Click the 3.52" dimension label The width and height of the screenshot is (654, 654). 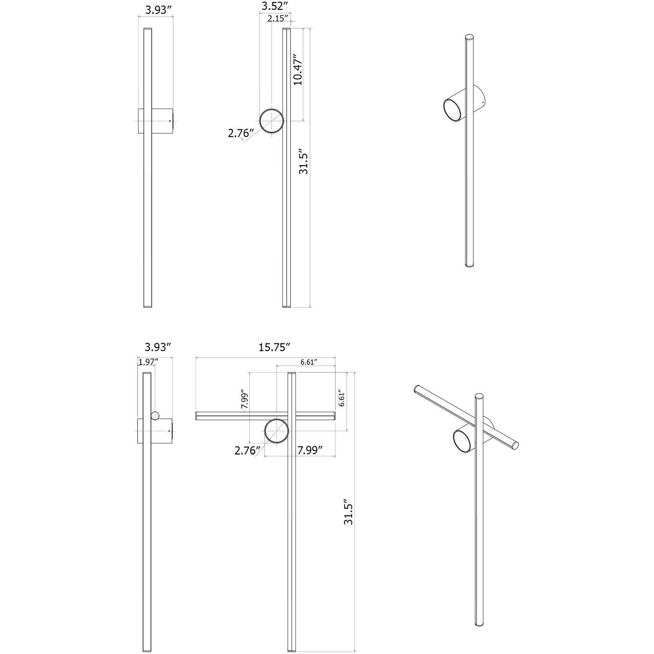coord(275,6)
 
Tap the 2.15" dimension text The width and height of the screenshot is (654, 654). coord(278,19)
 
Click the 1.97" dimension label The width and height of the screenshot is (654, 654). coord(148,362)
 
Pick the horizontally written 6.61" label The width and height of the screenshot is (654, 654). coord(308,362)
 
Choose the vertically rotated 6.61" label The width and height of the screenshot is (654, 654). coord(342,399)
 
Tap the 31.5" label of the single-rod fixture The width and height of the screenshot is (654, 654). coord(303,163)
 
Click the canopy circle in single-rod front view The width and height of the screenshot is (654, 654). coord(272,121)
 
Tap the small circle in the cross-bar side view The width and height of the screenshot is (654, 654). coord(155,415)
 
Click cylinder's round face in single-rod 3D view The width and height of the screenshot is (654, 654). coord(452,110)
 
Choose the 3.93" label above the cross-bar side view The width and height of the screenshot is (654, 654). coord(158,347)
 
